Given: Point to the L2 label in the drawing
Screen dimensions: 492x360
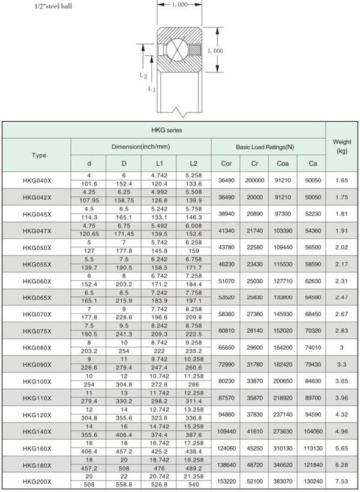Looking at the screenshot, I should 143,76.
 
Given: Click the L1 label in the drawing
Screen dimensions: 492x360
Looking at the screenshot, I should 152,89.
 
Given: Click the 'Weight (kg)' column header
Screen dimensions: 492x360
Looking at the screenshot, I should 341,146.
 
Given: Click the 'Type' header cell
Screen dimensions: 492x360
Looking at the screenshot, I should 38,155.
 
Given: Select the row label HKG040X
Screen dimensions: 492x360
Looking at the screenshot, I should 37,180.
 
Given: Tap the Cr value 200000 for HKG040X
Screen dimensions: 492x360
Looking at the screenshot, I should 254,180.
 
